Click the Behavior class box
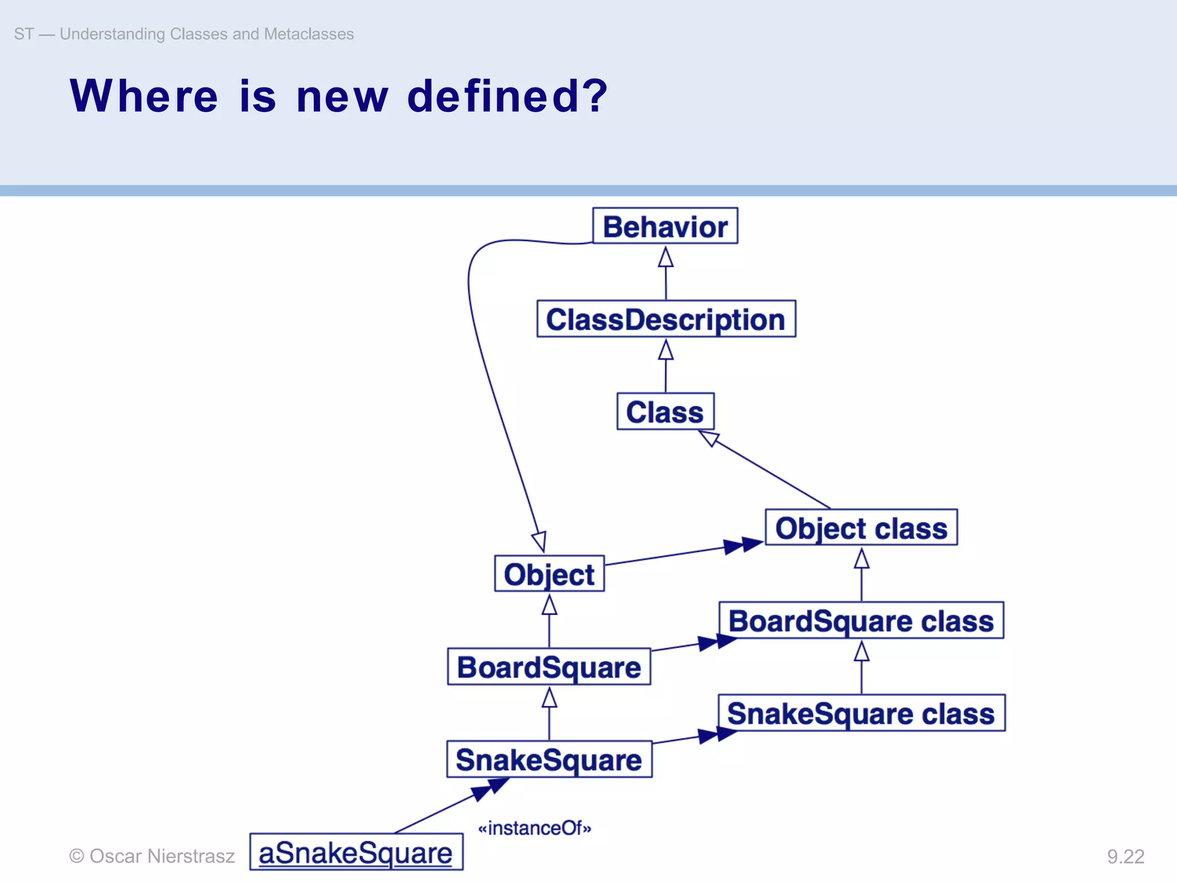[665, 226]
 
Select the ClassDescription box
[666, 319]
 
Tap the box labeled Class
[665, 412]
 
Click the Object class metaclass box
[861, 528]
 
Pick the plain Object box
[549, 574]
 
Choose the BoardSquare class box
[861, 620]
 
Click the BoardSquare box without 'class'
[549, 667]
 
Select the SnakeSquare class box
[861, 713]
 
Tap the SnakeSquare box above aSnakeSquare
[549, 759]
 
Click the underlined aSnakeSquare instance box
[356, 852]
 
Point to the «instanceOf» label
[534, 828]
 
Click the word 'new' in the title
[342, 96]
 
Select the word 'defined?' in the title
[507, 96]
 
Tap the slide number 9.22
[1125, 857]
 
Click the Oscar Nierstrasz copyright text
[152, 856]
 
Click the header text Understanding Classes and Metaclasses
[206, 34]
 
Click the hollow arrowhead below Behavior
[666, 258]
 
